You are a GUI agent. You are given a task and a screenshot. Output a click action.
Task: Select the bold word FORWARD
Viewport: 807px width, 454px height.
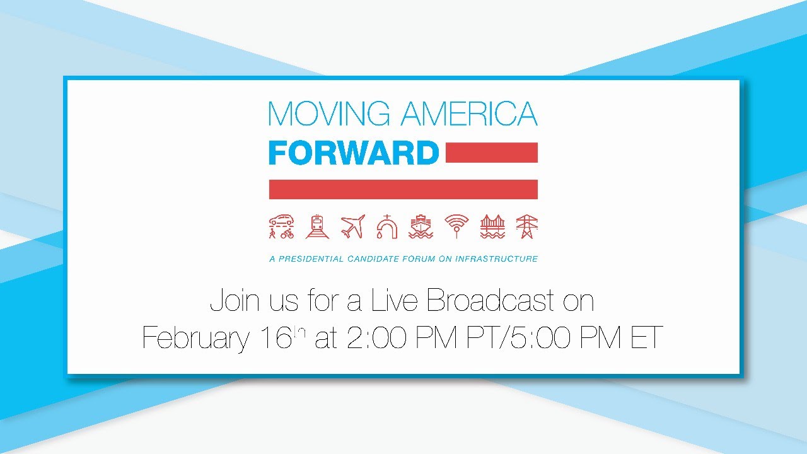coord(353,153)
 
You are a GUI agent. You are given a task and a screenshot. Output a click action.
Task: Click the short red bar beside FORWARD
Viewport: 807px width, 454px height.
coord(491,153)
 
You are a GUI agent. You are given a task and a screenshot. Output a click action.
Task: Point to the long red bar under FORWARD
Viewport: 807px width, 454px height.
coord(403,189)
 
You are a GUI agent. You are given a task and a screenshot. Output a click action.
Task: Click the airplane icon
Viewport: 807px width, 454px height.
coord(352,226)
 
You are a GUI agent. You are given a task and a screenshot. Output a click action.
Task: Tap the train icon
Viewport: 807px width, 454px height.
coord(317,226)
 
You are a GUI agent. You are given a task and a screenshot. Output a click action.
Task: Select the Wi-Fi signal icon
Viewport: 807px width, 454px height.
coord(456,226)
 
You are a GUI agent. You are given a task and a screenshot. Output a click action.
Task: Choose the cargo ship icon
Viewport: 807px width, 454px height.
coord(421,226)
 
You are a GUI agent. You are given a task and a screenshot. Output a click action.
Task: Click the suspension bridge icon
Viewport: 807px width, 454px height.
coord(492,226)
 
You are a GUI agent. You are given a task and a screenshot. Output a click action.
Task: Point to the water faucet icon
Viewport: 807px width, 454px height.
coord(386,226)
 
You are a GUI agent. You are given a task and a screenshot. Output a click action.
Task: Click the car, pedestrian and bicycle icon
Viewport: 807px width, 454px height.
coord(281,226)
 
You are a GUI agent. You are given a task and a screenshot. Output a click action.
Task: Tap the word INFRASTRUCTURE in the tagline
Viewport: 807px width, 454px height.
coord(501,259)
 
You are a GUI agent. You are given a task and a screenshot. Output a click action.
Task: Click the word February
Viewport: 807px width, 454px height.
coord(195,338)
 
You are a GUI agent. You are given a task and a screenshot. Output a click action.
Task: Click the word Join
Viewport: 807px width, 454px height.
coord(234,301)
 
